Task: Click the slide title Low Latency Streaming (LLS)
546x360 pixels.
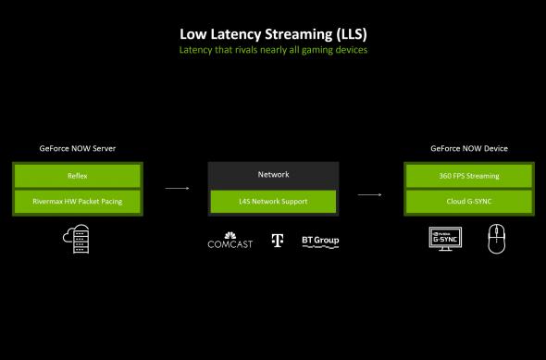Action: click(273, 34)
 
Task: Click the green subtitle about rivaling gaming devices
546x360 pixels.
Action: click(273, 50)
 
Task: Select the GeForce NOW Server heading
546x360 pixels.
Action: click(79, 148)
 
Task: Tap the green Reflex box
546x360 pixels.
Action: click(78, 175)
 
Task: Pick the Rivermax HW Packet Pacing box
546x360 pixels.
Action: click(78, 200)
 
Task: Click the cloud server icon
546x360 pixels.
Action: click(78, 240)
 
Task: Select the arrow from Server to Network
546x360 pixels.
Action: click(178, 189)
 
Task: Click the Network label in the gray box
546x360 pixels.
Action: click(273, 174)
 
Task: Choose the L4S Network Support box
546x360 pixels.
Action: click(273, 201)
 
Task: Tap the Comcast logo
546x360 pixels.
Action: click(230, 242)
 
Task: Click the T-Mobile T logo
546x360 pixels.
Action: click(277, 241)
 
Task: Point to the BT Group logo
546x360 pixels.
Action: click(320, 241)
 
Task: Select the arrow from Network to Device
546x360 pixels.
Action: click(370, 195)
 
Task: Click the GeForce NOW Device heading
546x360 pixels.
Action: click(468, 148)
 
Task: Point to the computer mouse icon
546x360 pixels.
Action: click(494, 239)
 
